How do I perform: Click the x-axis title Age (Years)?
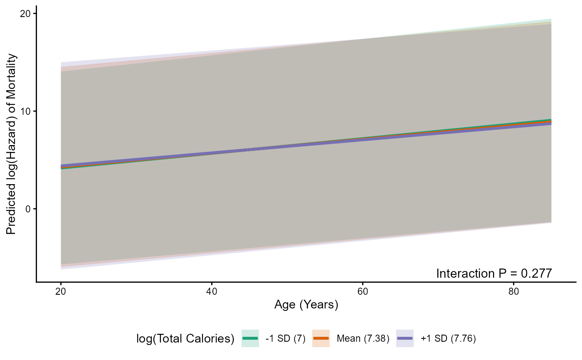[x=306, y=305]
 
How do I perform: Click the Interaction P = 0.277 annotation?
[x=494, y=273]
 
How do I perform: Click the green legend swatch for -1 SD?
[x=250, y=339]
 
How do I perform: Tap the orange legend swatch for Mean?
[x=321, y=339]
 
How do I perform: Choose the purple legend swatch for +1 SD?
[x=405, y=339]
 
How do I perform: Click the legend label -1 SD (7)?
[x=285, y=339]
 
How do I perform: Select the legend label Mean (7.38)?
[x=363, y=339]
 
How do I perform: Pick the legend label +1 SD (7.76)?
[x=448, y=339]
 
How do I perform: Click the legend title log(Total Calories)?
[x=185, y=339]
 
